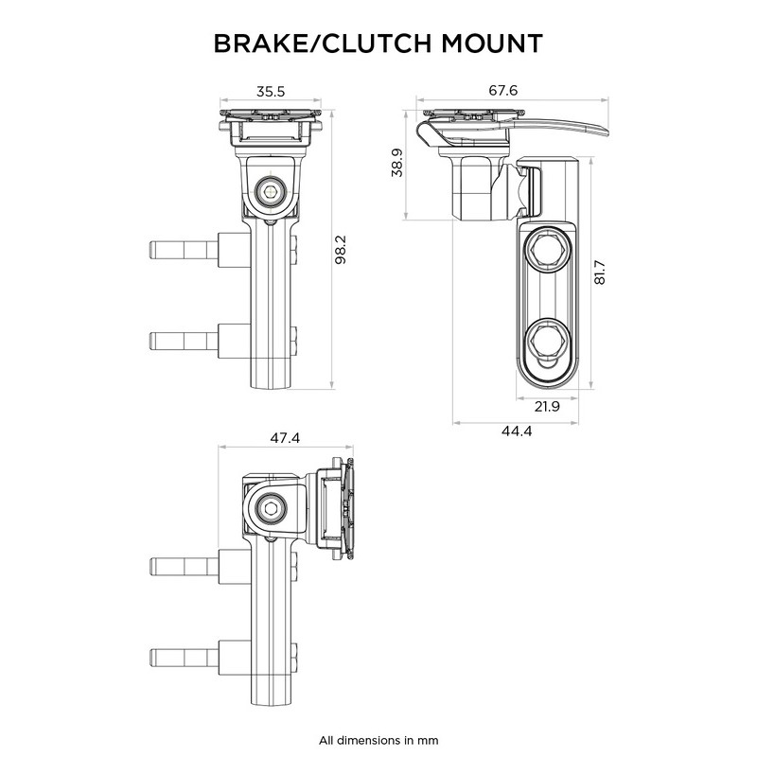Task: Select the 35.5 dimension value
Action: click(x=270, y=92)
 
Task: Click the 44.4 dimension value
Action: click(x=516, y=431)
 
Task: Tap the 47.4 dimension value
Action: click(x=283, y=438)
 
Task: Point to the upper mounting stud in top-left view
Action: click(x=182, y=251)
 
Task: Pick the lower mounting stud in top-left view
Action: click(x=182, y=339)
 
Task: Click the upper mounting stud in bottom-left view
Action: click(x=182, y=566)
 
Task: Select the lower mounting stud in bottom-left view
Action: click(x=182, y=656)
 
